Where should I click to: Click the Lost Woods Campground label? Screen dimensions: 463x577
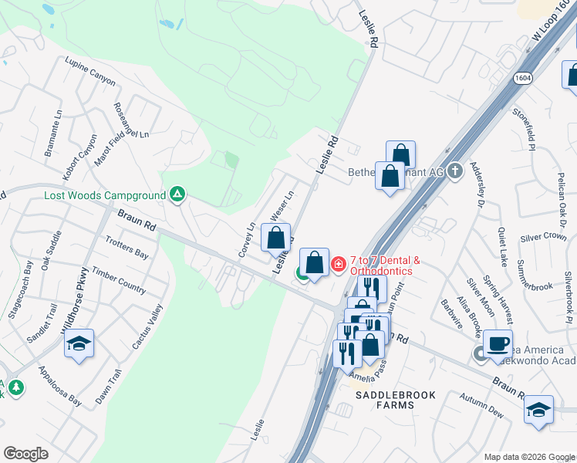pyautogui.click(x=105, y=196)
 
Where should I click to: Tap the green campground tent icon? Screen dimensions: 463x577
pyautogui.click(x=177, y=194)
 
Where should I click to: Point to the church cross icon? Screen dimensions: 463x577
pyautogui.click(x=455, y=171)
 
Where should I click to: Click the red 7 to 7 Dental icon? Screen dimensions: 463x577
pyautogui.click(x=338, y=265)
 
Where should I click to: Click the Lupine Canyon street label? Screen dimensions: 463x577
pyautogui.click(x=90, y=71)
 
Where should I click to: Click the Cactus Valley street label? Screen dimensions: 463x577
pyautogui.click(x=147, y=327)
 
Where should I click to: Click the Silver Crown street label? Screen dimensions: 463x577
pyautogui.click(x=543, y=237)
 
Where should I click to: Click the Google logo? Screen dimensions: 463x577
pyautogui.click(x=25, y=454)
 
